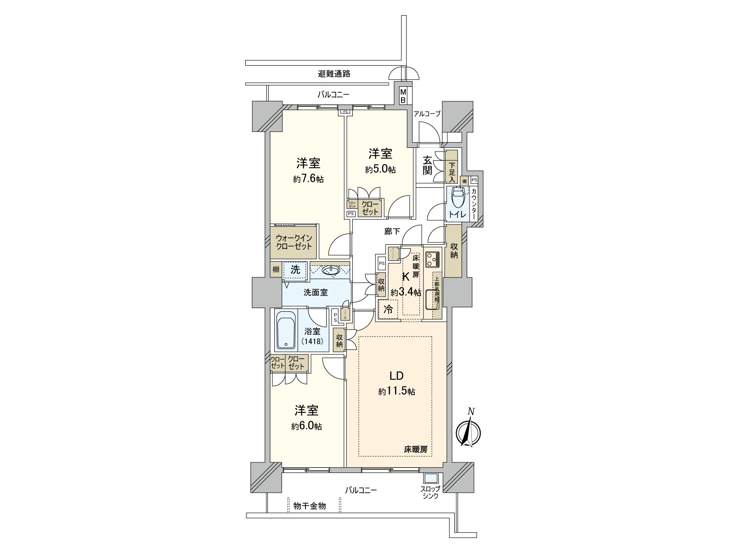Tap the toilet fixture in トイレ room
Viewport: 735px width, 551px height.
click(458, 199)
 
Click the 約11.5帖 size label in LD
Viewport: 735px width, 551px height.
click(397, 392)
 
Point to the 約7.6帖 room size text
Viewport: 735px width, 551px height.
click(308, 179)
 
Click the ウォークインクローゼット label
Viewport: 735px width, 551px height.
click(294, 242)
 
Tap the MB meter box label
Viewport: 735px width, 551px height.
click(403, 96)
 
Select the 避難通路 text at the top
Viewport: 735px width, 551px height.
click(334, 73)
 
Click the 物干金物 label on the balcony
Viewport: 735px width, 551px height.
click(310, 506)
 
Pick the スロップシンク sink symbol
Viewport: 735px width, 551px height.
click(431, 478)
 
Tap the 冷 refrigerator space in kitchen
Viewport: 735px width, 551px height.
click(388, 309)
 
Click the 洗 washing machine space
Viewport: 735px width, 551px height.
click(295, 270)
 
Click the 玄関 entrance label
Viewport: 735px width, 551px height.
click(427, 166)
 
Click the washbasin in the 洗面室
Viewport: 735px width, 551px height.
click(330, 270)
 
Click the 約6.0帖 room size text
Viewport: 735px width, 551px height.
click(306, 426)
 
